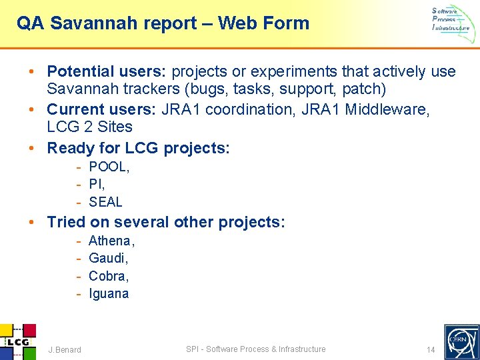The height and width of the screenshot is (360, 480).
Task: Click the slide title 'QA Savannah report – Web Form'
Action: coord(163,23)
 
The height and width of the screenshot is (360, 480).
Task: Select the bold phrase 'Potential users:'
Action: coord(107,71)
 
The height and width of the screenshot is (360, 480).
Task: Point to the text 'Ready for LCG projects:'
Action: coord(138,147)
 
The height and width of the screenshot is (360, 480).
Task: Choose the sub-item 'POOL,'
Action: coord(109,167)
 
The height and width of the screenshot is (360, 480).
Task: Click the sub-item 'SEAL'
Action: coord(105,202)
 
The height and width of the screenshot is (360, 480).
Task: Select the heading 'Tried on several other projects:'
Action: coord(166,222)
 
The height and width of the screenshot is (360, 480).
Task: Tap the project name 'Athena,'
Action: coord(111,241)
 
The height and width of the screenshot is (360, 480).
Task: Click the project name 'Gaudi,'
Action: coord(108,259)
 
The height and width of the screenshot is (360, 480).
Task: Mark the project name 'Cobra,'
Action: coord(108,276)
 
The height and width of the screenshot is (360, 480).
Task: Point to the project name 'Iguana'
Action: coord(109,294)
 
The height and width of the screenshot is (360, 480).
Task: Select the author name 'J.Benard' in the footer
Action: coord(65,349)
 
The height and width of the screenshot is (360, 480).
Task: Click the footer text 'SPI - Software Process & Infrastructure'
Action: coord(255,349)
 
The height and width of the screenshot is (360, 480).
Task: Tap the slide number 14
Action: coord(430,349)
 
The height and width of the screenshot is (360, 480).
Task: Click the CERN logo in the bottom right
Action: coord(461,341)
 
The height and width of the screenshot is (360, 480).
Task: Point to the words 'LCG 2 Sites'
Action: coord(89,127)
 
